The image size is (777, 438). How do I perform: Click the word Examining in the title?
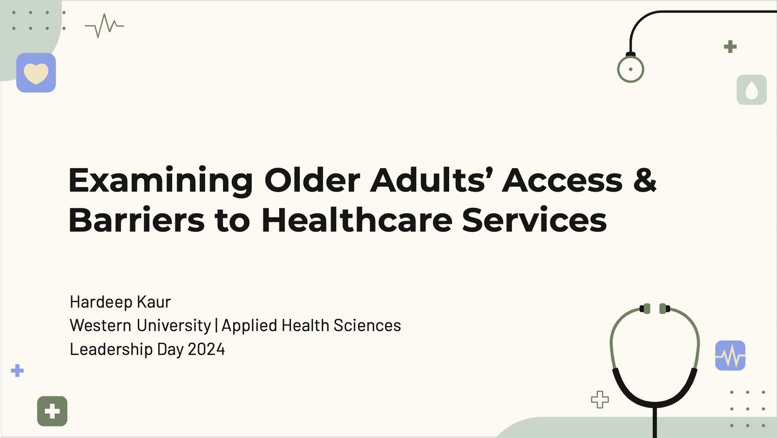tap(161, 181)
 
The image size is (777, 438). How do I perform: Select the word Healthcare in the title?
tap(357, 220)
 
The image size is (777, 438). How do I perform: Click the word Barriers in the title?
tap(137, 220)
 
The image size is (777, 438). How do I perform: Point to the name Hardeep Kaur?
tap(120, 302)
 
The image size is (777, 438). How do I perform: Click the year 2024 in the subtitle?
tap(206, 349)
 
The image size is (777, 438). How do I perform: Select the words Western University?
tap(140, 325)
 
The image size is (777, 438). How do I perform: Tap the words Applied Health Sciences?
tap(311, 325)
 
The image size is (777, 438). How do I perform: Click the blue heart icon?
tap(36, 73)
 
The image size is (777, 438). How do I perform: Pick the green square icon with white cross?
tap(52, 411)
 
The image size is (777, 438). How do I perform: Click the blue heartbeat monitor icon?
tap(730, 356)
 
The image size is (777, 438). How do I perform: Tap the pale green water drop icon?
tap(752, 89)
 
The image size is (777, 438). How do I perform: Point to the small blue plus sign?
tap(18, 371)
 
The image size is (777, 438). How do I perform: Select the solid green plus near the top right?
tap(730, 47)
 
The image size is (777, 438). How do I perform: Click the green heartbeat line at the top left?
tap(104, 26)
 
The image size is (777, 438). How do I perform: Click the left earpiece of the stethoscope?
tap(645, 309)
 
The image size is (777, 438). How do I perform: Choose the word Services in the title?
tap(535, 220)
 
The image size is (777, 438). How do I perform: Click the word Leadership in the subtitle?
tap(111, 349)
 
